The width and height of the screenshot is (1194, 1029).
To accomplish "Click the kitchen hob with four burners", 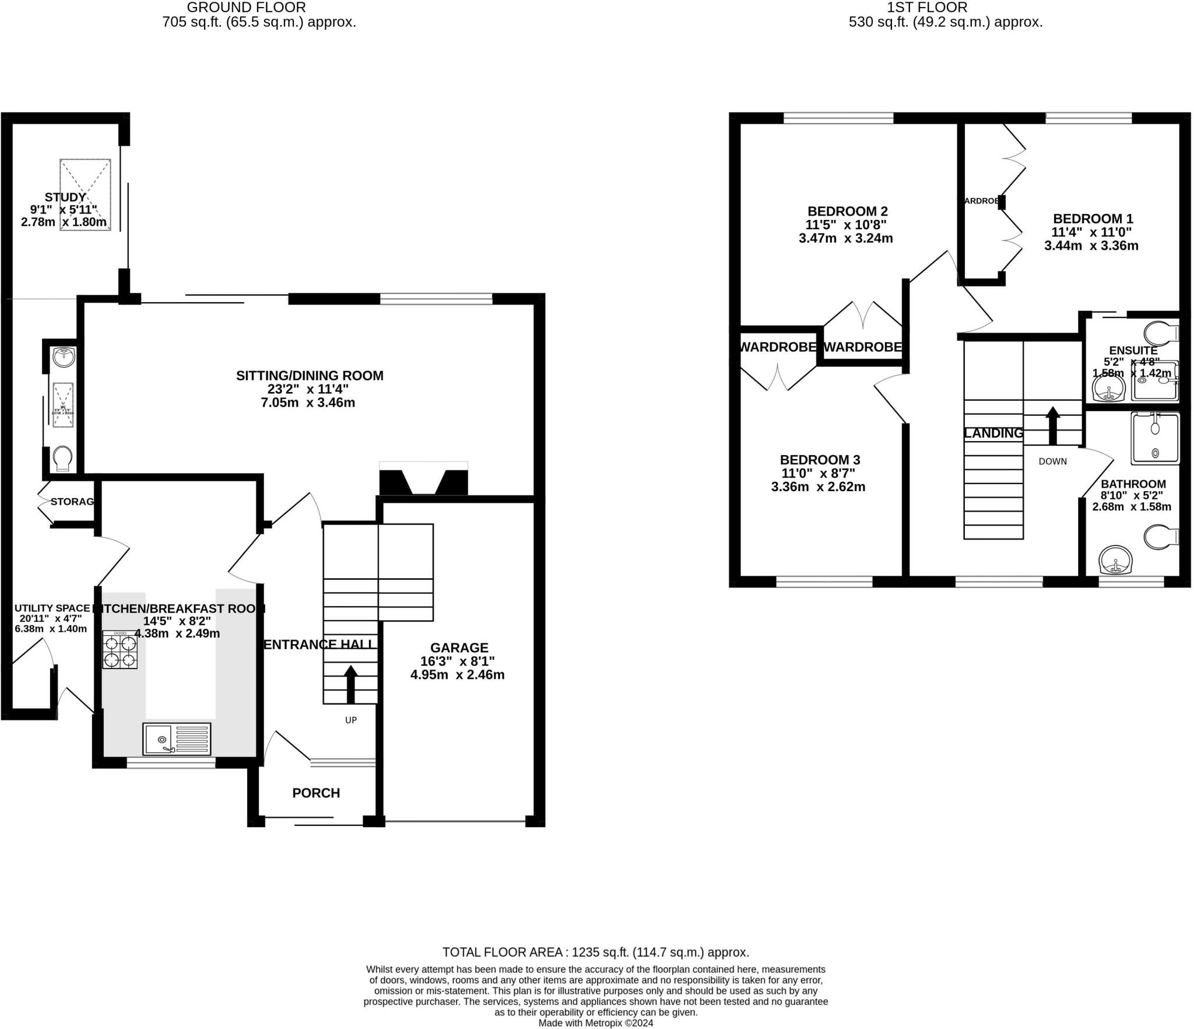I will coord(120,650).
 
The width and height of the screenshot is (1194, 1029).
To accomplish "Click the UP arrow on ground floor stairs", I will coord(350,684).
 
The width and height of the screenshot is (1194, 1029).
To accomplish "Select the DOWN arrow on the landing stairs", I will coord(1052,425).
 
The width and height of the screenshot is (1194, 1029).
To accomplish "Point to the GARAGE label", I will coord(459,647).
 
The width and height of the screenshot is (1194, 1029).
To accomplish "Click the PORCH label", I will coord(315,793).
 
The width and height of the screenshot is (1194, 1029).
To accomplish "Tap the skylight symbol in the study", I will coord(85,194).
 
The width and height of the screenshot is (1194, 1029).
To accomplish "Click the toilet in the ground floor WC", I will coord(62,459).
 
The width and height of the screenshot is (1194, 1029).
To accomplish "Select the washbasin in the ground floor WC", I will coord(63,356).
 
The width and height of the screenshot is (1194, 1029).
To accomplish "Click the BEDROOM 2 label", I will coord(847,211).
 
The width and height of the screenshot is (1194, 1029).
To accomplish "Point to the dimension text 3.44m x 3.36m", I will coord(1091,246).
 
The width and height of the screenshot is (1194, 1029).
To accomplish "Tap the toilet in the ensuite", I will coord(1160,333).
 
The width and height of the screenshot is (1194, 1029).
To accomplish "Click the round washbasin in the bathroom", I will coord(1116,560).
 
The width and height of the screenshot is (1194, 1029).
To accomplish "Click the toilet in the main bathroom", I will coord(1160,537).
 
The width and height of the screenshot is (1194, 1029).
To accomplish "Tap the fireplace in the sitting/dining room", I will coord(423,480).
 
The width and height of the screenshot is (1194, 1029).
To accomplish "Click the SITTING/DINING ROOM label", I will coord(310,376).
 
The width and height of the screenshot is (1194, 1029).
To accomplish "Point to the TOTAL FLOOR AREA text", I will coord(595,952).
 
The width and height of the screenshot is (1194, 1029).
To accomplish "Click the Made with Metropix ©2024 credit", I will coord(595,1023).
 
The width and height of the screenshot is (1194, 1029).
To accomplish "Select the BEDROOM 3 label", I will coord(820,460).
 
